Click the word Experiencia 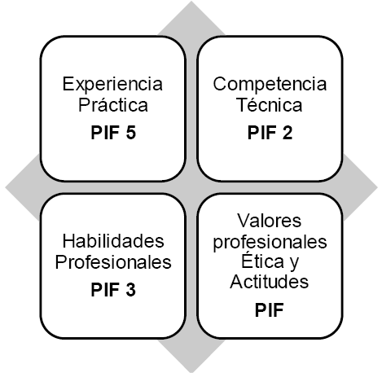[112, 85]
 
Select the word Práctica [113, 105]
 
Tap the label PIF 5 [113, 133]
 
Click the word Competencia [270, 85]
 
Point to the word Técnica [269, 105]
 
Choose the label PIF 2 [270, 133]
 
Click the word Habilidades [113, 241]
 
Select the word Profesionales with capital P [113, 262]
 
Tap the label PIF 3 [113, 289]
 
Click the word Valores [270, 221]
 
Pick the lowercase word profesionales [270, 243]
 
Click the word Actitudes [270, 282]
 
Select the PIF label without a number [270, 310]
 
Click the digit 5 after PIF [131, 133]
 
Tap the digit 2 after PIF [288, 133]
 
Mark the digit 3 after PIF [131, 289]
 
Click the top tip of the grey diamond [191, 1]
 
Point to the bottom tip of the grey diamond [191, 372]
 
